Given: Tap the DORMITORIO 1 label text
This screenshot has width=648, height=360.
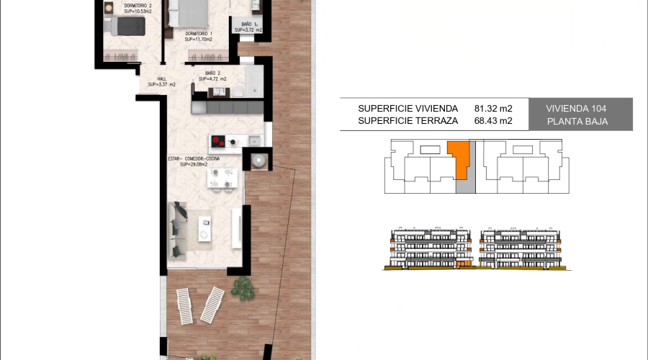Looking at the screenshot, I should [197, 34].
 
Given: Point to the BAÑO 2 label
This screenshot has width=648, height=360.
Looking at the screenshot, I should [212, 73].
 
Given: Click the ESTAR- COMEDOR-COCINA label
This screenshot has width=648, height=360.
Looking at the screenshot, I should [194, 158].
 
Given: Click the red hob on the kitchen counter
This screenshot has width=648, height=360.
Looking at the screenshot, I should [218, 141].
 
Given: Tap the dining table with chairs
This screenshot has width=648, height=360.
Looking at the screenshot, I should [222, 178].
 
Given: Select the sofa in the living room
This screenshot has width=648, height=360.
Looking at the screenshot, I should [179, 230].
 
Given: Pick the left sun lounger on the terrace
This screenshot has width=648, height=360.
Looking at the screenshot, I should [184, 307].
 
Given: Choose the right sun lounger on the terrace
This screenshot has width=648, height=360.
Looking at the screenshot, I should [212, 305].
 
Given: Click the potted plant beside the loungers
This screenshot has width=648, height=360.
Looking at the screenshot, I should [242, 289].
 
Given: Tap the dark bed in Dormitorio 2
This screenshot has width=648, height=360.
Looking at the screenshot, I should [126, 27].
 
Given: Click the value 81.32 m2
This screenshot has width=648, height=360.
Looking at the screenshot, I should [493, 108].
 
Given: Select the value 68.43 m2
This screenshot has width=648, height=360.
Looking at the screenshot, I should [493, 121].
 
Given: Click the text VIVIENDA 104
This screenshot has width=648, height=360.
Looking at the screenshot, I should [576, 108].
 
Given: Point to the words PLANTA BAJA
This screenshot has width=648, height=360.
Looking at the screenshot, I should [577, 122].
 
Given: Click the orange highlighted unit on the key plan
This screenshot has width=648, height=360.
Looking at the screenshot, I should [458, 158].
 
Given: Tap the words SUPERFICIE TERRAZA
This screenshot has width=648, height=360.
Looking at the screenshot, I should [408, 121].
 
